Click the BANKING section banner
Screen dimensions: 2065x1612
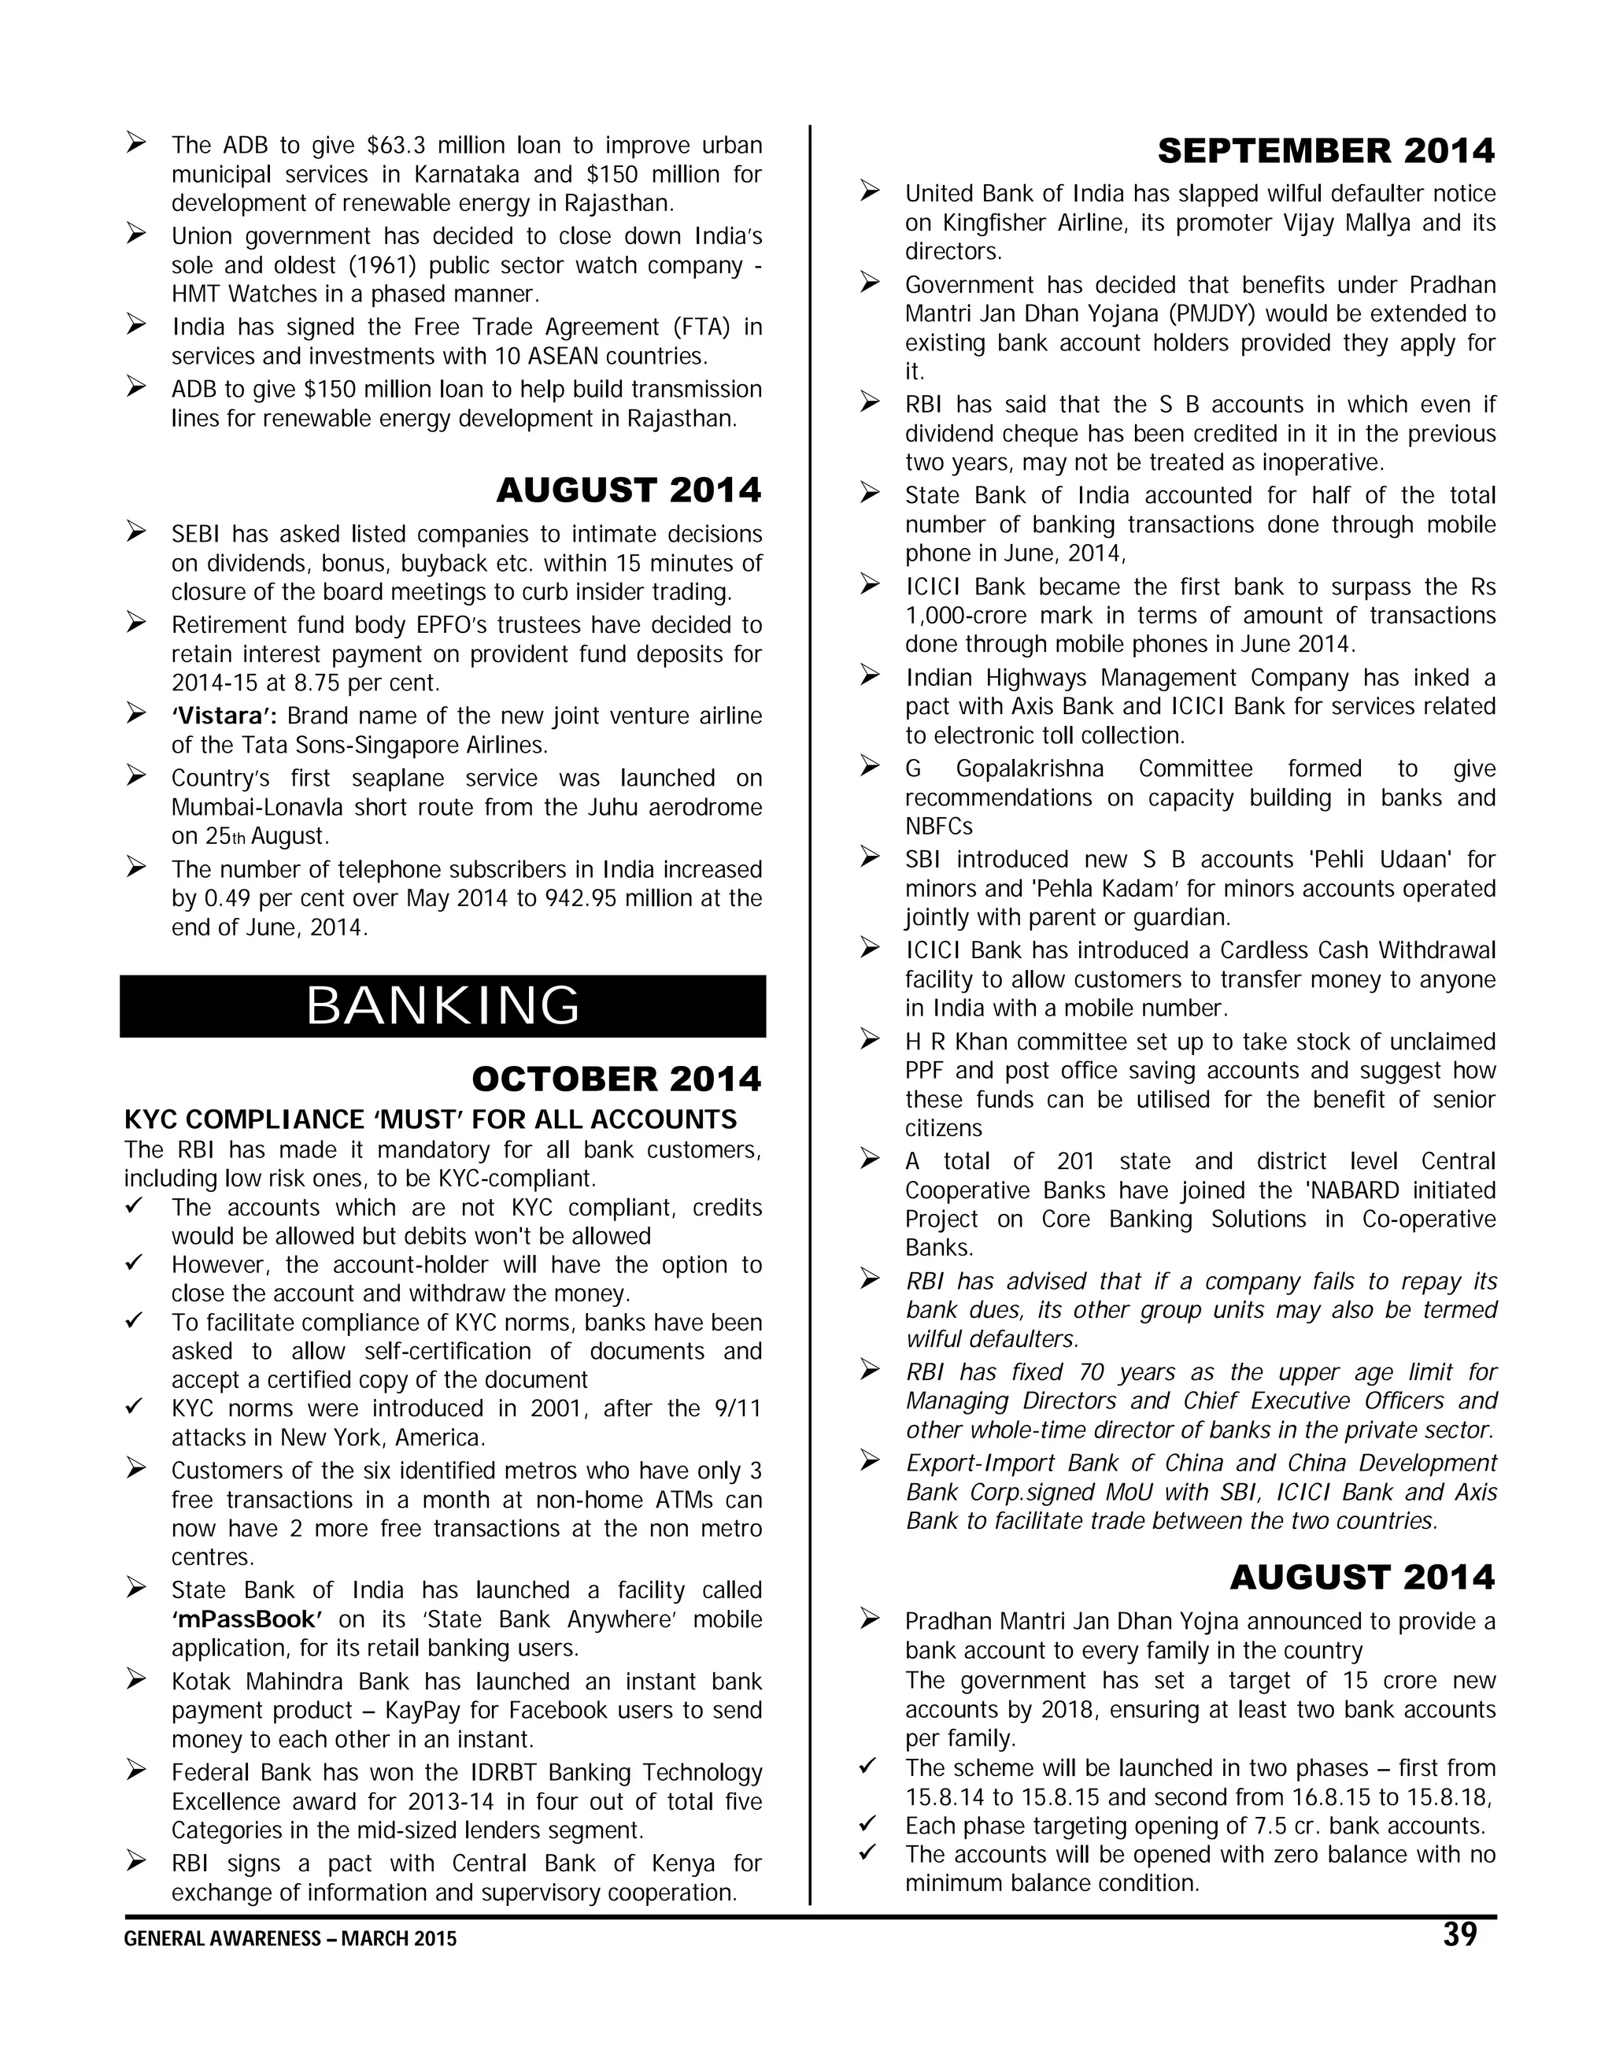(442, 1006)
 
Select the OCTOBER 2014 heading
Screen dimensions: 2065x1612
(616, 1079)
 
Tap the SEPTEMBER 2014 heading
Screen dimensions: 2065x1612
(1325, 150)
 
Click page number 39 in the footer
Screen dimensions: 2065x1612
(1460, 1934)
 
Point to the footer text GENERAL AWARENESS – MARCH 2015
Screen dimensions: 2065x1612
(290, 1939)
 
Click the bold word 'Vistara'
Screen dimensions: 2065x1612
(224, 716)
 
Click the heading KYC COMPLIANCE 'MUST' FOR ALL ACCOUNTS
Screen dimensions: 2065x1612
(431, 1119)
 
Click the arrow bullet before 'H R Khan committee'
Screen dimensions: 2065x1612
(870, 1040)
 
